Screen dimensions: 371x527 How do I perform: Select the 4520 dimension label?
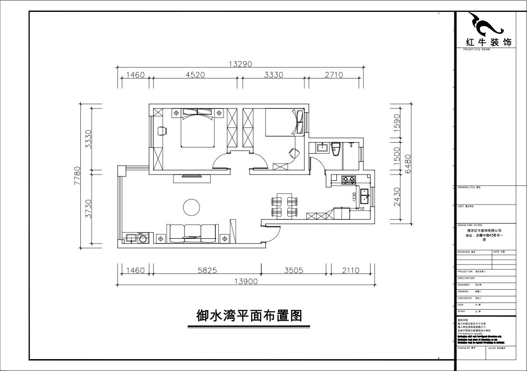(195, 75)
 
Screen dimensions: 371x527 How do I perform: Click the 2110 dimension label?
(351, 271)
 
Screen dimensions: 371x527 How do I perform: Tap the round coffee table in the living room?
(192, 207)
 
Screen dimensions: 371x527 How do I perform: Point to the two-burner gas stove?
(349, 179)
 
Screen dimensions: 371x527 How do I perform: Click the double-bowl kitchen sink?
(365, 195)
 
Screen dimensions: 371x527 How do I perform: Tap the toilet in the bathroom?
(335, 148)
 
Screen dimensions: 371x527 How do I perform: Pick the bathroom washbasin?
(321, 147)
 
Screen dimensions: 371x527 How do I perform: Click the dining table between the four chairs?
(284, 205)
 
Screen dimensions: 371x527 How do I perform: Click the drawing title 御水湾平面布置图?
(249, 316)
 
